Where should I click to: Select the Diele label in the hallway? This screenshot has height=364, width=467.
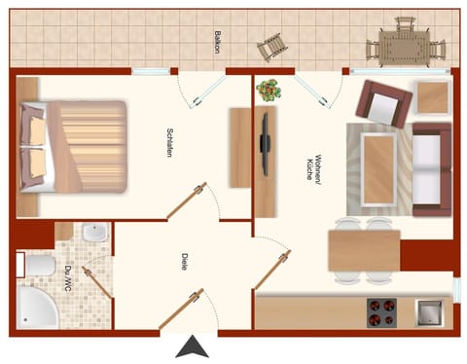(184, 262)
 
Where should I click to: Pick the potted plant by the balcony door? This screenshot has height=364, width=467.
(269, 91)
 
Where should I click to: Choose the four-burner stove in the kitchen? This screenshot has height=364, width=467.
(381, 313)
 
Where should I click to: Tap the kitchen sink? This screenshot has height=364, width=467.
(429, 313)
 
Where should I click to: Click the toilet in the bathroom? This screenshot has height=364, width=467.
(39, 265)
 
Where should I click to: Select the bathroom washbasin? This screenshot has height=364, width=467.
(94, 234)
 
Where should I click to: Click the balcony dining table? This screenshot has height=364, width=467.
(403, 44)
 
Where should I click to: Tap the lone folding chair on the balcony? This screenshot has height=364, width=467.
(269, 46)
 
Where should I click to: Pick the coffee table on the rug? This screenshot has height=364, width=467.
(377, 167)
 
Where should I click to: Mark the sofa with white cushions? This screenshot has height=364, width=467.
(430, 168)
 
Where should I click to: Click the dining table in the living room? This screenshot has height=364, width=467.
(363, 250)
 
